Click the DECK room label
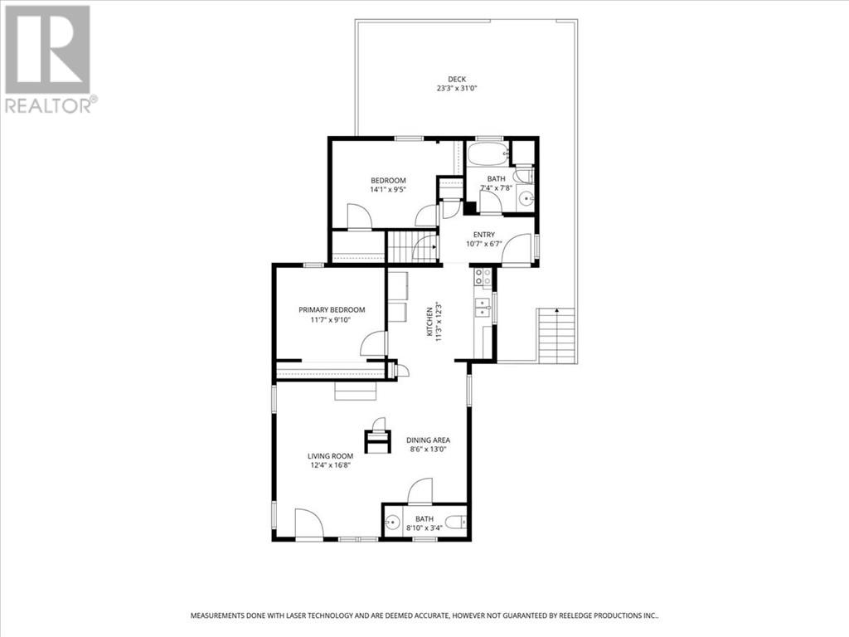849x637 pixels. click(x=457, y=79)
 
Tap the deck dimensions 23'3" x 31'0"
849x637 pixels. click(x=457, y=88)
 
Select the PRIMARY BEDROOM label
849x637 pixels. click(x=332, y=310)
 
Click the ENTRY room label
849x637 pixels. click(x=483, y=235)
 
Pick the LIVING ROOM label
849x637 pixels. click(x=330, y=456)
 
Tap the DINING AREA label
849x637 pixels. click(x=428, y=440)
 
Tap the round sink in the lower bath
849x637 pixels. click(x=392, y=523)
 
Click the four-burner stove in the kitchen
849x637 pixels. click(x=483, y=277)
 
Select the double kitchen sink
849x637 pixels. click(x=482, y=307)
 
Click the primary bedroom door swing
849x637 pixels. click(x=374, y=343)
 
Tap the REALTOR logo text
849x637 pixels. click(x=51, y=105)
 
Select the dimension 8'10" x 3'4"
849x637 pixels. click(x=424, y=528)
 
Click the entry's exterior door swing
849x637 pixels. click(x=517, y=250)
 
